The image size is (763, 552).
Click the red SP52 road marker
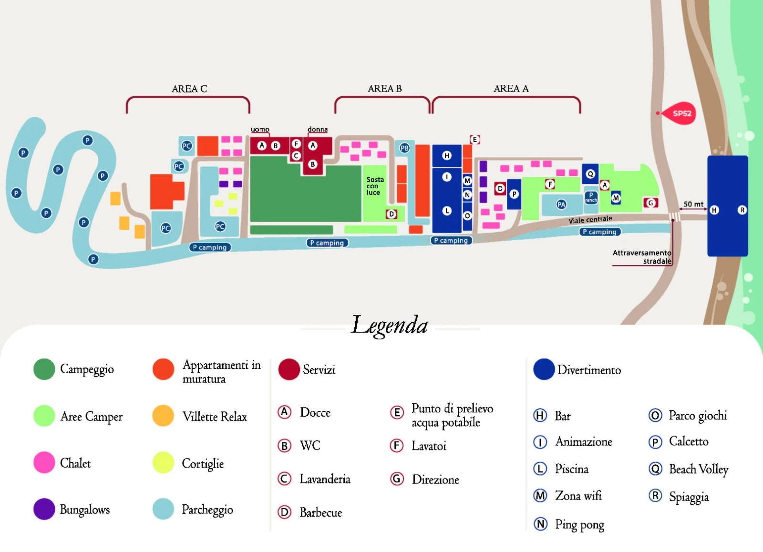pos(681,113)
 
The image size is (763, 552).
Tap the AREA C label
pos(189,89)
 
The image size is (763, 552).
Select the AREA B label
pos(384,89)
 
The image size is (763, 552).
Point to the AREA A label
pos(511,89)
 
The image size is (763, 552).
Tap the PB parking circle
pos(404,148)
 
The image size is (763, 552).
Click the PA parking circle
pos(561,204)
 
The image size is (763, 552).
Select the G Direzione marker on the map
pos(650,203)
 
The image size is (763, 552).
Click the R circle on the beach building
pos(742,210)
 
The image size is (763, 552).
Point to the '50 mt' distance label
pos(693,204)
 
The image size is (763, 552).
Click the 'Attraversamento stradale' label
pos(642,257)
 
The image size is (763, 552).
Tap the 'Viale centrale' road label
pos(590,219)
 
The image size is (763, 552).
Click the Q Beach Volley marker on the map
pos(590,174)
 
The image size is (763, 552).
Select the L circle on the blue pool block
pos(447,211)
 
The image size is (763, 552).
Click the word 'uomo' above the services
pos(260,130)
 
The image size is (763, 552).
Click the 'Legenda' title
pos(389,326)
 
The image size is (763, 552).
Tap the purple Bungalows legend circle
pos(44,509)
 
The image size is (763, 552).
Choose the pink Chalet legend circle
pos(44,462)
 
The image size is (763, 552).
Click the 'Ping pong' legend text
pos(579,525)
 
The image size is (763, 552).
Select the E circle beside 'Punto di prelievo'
pos(397,412)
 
